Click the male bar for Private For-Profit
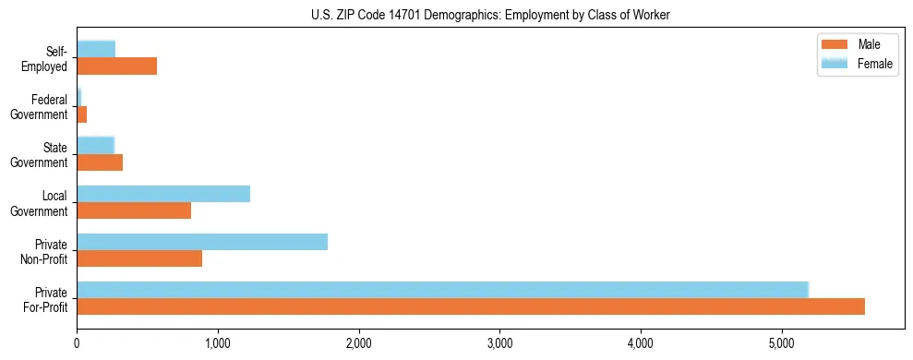tap(471, 306)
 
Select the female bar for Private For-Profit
tap(442, 290)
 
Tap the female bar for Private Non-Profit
tap(202, 242)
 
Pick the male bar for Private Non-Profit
tap(139, 258)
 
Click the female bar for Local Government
tap(163, 194)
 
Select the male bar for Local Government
tap(134, 210)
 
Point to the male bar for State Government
tap(100, 162)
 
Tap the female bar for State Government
tap(95, 146)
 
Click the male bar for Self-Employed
tap(116, 66)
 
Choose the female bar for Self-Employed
tap(96, 49)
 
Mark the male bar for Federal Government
tap(81, 114)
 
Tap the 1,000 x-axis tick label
tap(218, 344)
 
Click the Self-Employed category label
tap(47, 59)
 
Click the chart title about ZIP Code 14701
tap(490, 15)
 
